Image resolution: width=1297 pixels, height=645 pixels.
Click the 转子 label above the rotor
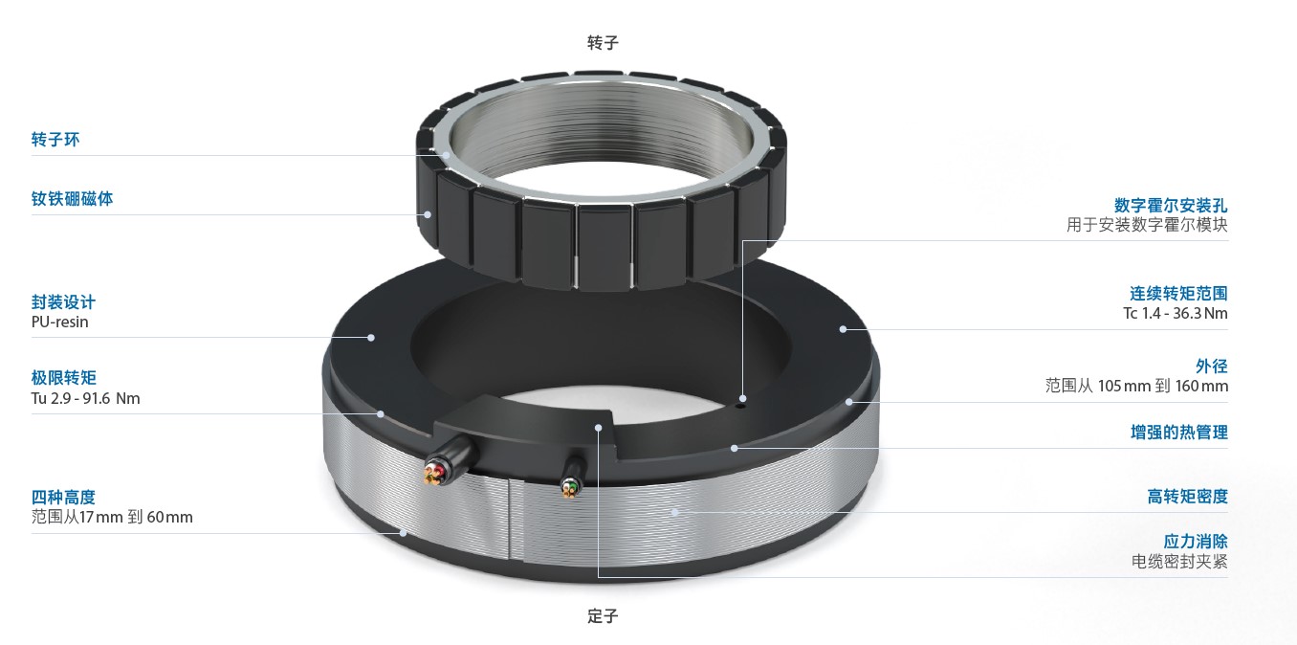[603, 42]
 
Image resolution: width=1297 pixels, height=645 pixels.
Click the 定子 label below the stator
[603, 615]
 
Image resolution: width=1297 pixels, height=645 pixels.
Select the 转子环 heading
[55, 140]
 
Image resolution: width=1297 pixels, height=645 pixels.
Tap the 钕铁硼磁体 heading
[72, 199]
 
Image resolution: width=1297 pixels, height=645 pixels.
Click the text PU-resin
[59, 322]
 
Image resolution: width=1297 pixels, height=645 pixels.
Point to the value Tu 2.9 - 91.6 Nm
[86, 398]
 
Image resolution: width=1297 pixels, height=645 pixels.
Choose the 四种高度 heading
[64, 498]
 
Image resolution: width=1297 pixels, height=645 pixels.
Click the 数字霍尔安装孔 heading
[1171, 205]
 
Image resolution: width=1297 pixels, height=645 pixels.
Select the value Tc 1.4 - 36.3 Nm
[1176, 313]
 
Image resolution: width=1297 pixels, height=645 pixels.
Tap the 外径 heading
[1212, 367]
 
